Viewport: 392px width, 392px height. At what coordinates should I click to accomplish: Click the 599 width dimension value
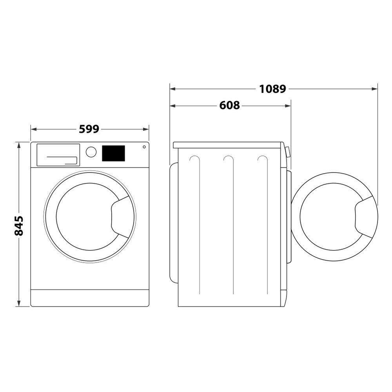89,129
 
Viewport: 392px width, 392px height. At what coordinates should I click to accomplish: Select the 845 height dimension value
19,225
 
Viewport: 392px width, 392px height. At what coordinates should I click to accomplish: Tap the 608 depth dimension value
230,105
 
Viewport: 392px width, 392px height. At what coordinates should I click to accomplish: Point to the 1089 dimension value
272,89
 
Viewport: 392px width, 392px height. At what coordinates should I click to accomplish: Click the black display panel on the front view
113,153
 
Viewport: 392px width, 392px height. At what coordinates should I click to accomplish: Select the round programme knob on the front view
91,152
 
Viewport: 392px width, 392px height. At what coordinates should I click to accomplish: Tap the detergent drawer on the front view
58,155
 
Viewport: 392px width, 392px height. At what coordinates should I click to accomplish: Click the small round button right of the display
144,147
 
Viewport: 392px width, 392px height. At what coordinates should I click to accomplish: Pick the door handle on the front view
121,217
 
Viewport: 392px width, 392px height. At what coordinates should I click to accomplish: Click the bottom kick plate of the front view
90,298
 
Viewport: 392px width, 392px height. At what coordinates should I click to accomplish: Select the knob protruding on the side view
288,152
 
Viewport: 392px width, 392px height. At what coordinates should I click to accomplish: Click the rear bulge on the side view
174,222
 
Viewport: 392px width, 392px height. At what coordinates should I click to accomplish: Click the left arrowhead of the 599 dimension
33,129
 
